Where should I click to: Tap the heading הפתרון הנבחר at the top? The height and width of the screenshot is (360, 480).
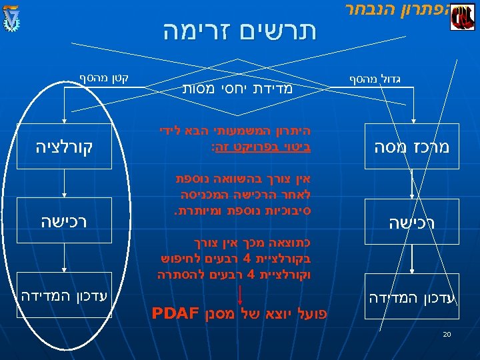397,9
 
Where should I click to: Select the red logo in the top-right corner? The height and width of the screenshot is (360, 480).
462,17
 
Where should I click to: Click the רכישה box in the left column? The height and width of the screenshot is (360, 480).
64,221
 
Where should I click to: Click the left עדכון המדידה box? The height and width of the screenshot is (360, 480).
64,294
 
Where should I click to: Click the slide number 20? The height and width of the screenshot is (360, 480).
447,334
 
